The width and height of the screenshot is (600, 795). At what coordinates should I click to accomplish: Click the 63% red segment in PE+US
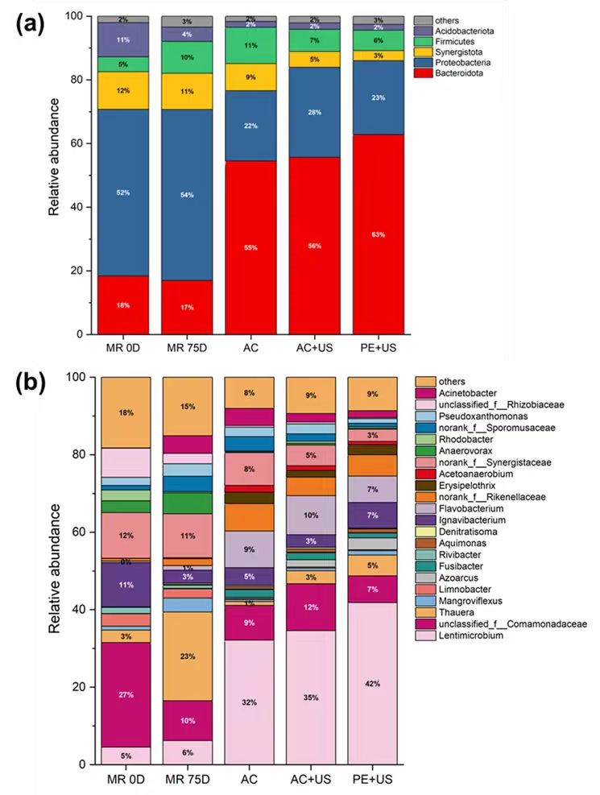tap(379, 234)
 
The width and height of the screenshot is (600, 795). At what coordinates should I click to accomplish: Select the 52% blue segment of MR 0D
tap(123, 193)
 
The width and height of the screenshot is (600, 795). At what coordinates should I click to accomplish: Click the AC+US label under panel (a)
tap(314, 350)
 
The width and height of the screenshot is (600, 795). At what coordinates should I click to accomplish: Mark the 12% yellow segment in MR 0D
tap(123, 90)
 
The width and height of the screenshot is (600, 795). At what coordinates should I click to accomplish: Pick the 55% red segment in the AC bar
tap(251, 246)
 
